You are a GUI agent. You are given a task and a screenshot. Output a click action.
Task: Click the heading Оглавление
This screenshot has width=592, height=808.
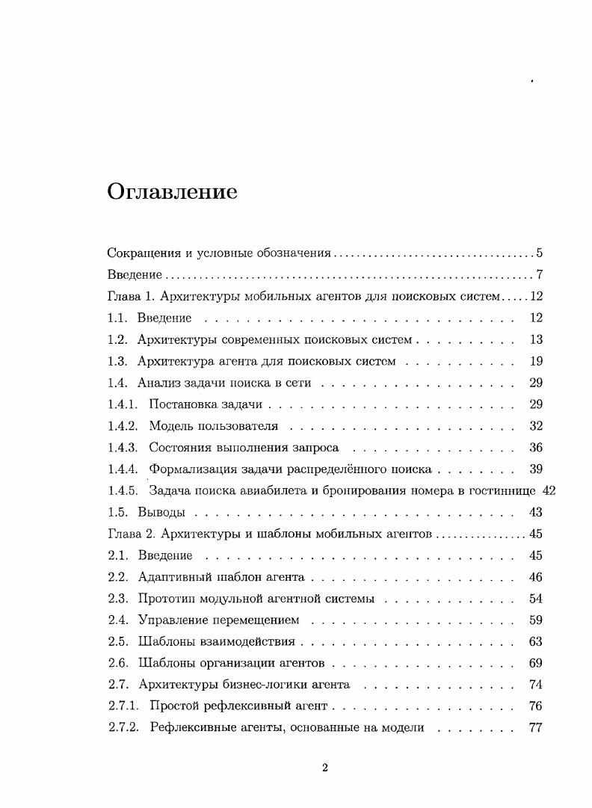(172, 192)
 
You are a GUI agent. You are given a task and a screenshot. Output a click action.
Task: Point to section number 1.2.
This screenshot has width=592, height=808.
(117, 340)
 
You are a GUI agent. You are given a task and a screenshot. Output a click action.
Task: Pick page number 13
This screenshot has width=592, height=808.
(535, 340)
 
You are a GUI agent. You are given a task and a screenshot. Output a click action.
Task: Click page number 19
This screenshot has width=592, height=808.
(535, 362)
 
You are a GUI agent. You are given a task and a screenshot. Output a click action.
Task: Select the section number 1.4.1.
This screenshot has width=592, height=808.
(123, 405)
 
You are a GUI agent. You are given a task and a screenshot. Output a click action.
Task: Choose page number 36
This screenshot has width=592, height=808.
(535, 448)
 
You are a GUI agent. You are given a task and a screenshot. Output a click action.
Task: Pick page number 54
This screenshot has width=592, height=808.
(535, 599)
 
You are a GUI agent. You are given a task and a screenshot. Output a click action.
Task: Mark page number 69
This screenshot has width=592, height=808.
(535, 663)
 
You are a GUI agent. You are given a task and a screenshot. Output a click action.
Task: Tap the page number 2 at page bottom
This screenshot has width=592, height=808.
(325, 768)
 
